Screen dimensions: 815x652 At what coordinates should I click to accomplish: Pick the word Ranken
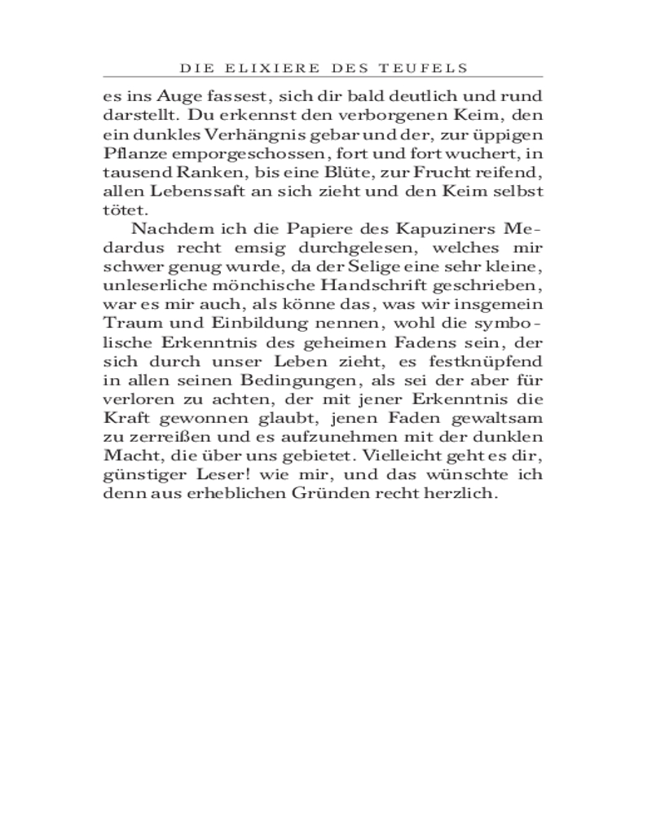(x=204, y=172)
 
